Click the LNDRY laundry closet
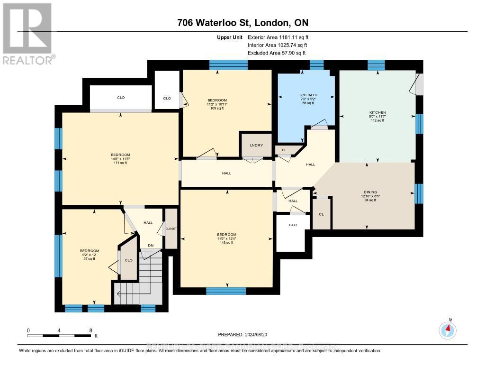click(x=251, y=145)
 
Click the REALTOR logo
click(x=27, y=33)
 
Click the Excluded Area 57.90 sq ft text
click(x=278, y=53)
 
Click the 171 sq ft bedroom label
click(x=120, y=158)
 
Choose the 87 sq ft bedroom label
click(x=89, y=255)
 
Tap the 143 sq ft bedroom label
click(x=226, y=238)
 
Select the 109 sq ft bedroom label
click(x=217, y=104)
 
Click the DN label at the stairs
click(x=151, y=246)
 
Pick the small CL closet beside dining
click(x=321, y=214)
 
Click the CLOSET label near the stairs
click(x=171, y=229)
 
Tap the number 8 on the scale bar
click(x=90, y=330)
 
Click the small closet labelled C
click(x=283, y=150)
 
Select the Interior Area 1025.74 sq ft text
click(x=278, y=45)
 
